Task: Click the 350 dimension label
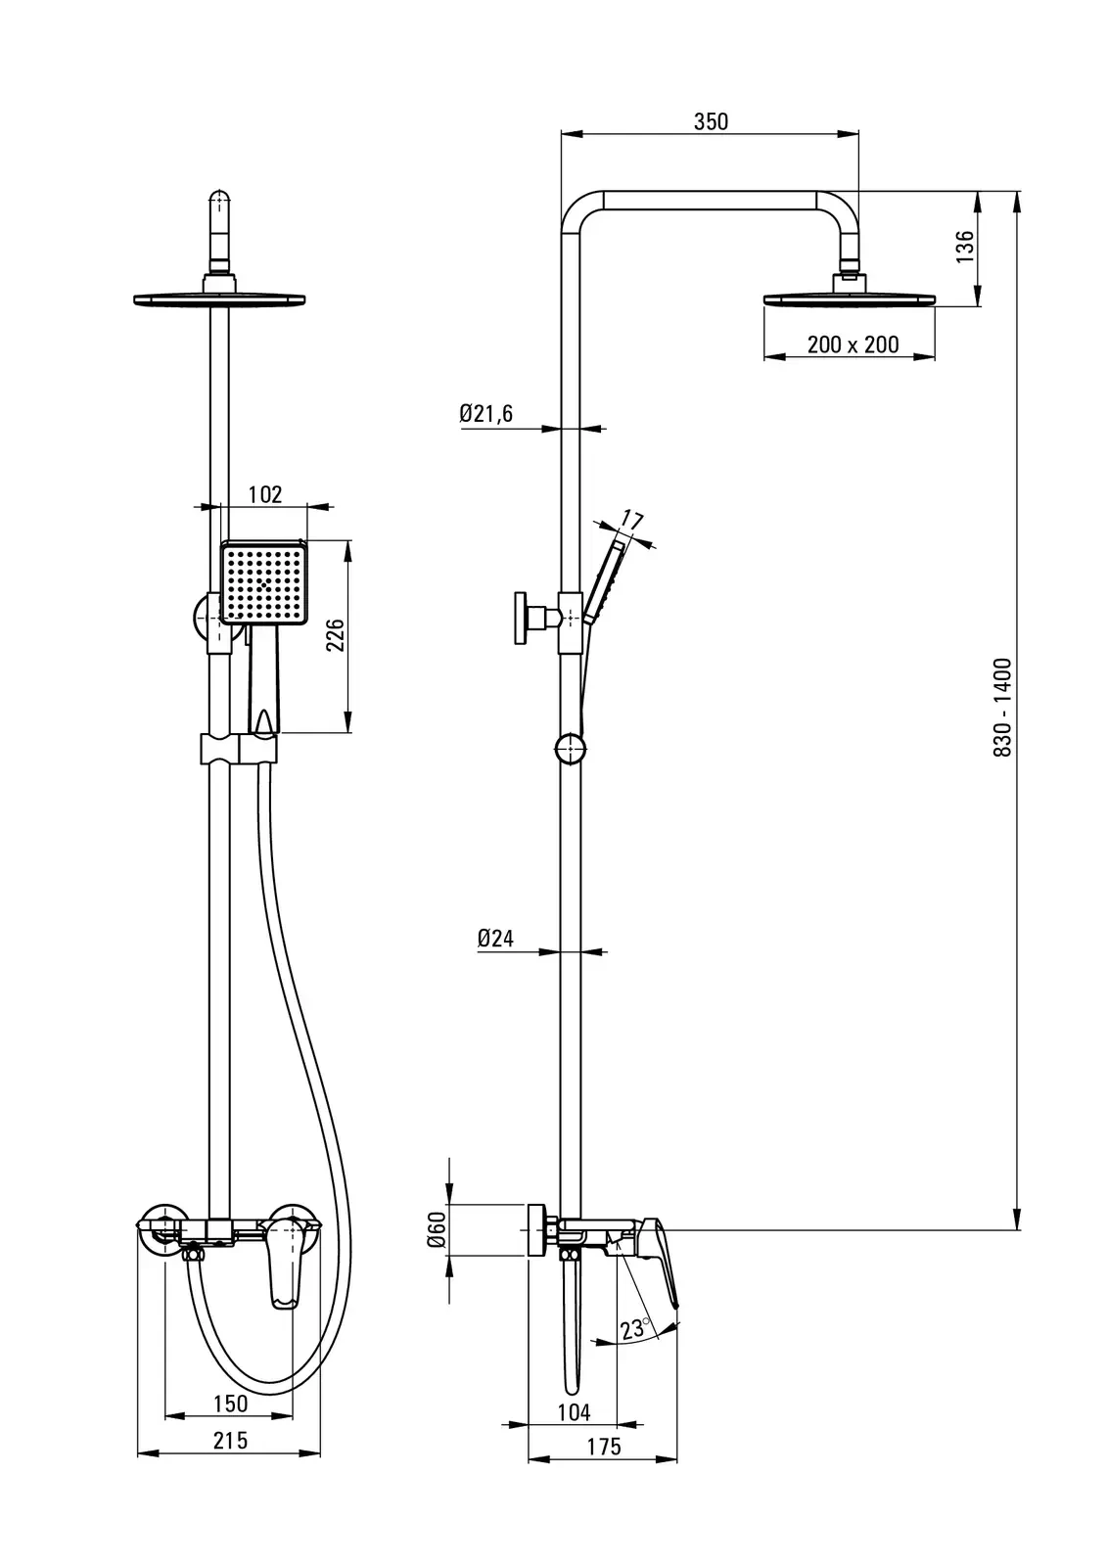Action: [x=711, y=121]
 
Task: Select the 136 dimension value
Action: [x=965, y=247]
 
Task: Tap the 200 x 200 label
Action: [x=853, y=345]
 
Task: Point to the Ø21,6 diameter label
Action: [x=486, y=414]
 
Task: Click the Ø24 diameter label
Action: [x=495, y=938]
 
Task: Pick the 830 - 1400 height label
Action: [x=1001, y=707]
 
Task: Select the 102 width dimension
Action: [x=264, y=493]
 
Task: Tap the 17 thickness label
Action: [x=632, y=521]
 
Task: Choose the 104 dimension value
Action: [x=574, y=1411]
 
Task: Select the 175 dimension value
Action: [x=604, y=1447]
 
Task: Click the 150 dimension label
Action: [x=230, y=1403]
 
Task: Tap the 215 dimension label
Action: [x=230, y=1440]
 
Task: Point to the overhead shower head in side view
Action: [x=849, y=297]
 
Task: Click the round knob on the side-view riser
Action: [x=571, y=749]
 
